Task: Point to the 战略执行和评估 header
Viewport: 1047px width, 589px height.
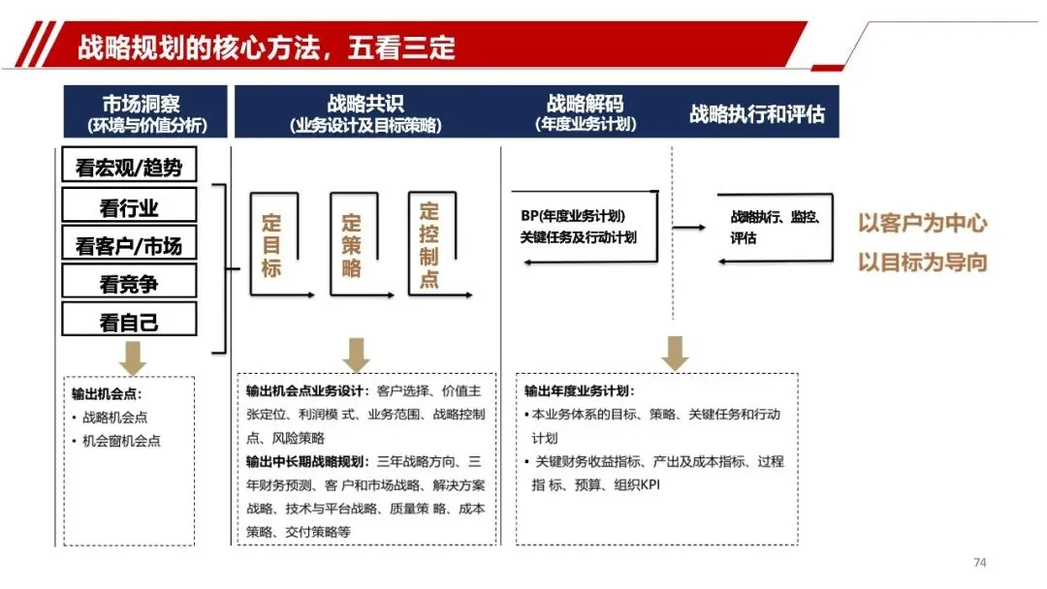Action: tap(757, 114)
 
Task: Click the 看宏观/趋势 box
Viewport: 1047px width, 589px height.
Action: tap(129, 166)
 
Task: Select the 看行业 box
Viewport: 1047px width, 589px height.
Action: tap(129, 205)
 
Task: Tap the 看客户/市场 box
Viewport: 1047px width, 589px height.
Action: tap(129, 245)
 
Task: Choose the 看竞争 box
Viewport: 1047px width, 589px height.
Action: tap(129, 283)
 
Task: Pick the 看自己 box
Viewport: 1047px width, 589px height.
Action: tap(129, 321)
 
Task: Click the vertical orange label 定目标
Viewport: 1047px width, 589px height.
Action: tap(271, 246)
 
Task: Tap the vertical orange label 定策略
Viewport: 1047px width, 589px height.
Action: tap(351, 246)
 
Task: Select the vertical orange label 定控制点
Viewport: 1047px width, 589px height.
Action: tap(429, 244)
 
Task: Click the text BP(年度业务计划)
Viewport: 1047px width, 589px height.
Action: tap(572, 216)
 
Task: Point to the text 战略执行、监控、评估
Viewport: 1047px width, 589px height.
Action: tap(776, 227)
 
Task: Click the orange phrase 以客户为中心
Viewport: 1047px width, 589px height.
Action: tap(922, 223)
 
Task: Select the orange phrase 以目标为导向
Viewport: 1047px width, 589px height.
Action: tap(922, 262)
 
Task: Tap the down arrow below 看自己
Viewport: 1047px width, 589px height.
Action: tap(133, 358)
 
